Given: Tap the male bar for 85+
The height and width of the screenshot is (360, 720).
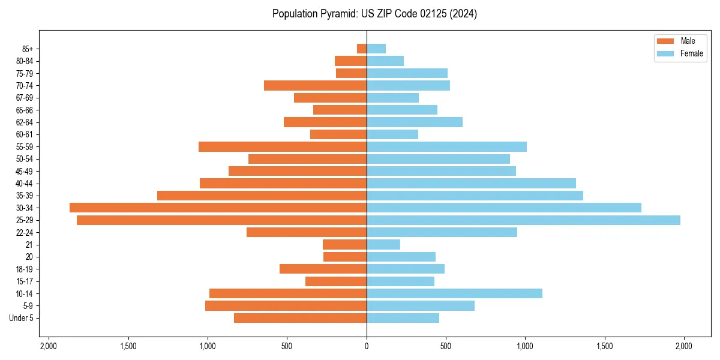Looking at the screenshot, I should click(x=362, y=49).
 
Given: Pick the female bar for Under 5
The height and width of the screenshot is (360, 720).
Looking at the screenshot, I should click(x=403, y=318).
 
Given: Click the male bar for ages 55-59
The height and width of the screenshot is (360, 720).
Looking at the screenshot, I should click(x=283, y=146).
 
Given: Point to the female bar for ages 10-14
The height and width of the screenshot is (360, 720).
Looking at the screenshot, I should click(x=454, y=293).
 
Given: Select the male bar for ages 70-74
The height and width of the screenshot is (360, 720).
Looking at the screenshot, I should click(x=315, y=85).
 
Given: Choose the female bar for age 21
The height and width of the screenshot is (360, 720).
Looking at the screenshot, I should click(x=383, y=244).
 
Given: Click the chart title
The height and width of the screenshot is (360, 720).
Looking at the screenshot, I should click(x=374, y=14).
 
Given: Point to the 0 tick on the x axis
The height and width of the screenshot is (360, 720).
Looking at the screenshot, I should click(x=367, y=346).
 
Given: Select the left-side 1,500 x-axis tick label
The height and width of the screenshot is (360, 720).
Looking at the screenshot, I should click(x=128, y=346).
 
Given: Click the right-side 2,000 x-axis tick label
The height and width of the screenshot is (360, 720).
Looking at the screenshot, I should click(x=684, y=346).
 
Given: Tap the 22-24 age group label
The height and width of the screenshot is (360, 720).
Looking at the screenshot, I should click(x=24, y=232).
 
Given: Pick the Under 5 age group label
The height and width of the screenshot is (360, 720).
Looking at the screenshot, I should click(x=21, y=318).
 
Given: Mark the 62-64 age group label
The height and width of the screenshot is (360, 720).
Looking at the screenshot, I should click(x=24, y=122).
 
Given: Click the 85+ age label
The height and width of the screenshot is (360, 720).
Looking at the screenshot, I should click(x=28, y=49).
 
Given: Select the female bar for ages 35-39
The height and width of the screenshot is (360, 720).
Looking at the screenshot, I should click(x=475, y=196).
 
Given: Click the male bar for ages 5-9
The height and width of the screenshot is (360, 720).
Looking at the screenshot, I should click(x=286, y=306).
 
